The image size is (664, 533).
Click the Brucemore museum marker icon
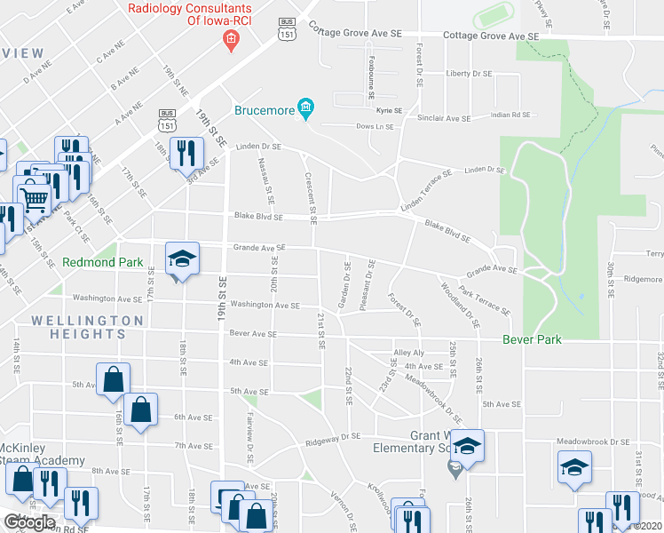307,110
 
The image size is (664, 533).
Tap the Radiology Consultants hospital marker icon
231,40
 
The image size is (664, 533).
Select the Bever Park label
533,339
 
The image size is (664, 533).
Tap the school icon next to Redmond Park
183,259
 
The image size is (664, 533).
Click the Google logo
28,522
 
